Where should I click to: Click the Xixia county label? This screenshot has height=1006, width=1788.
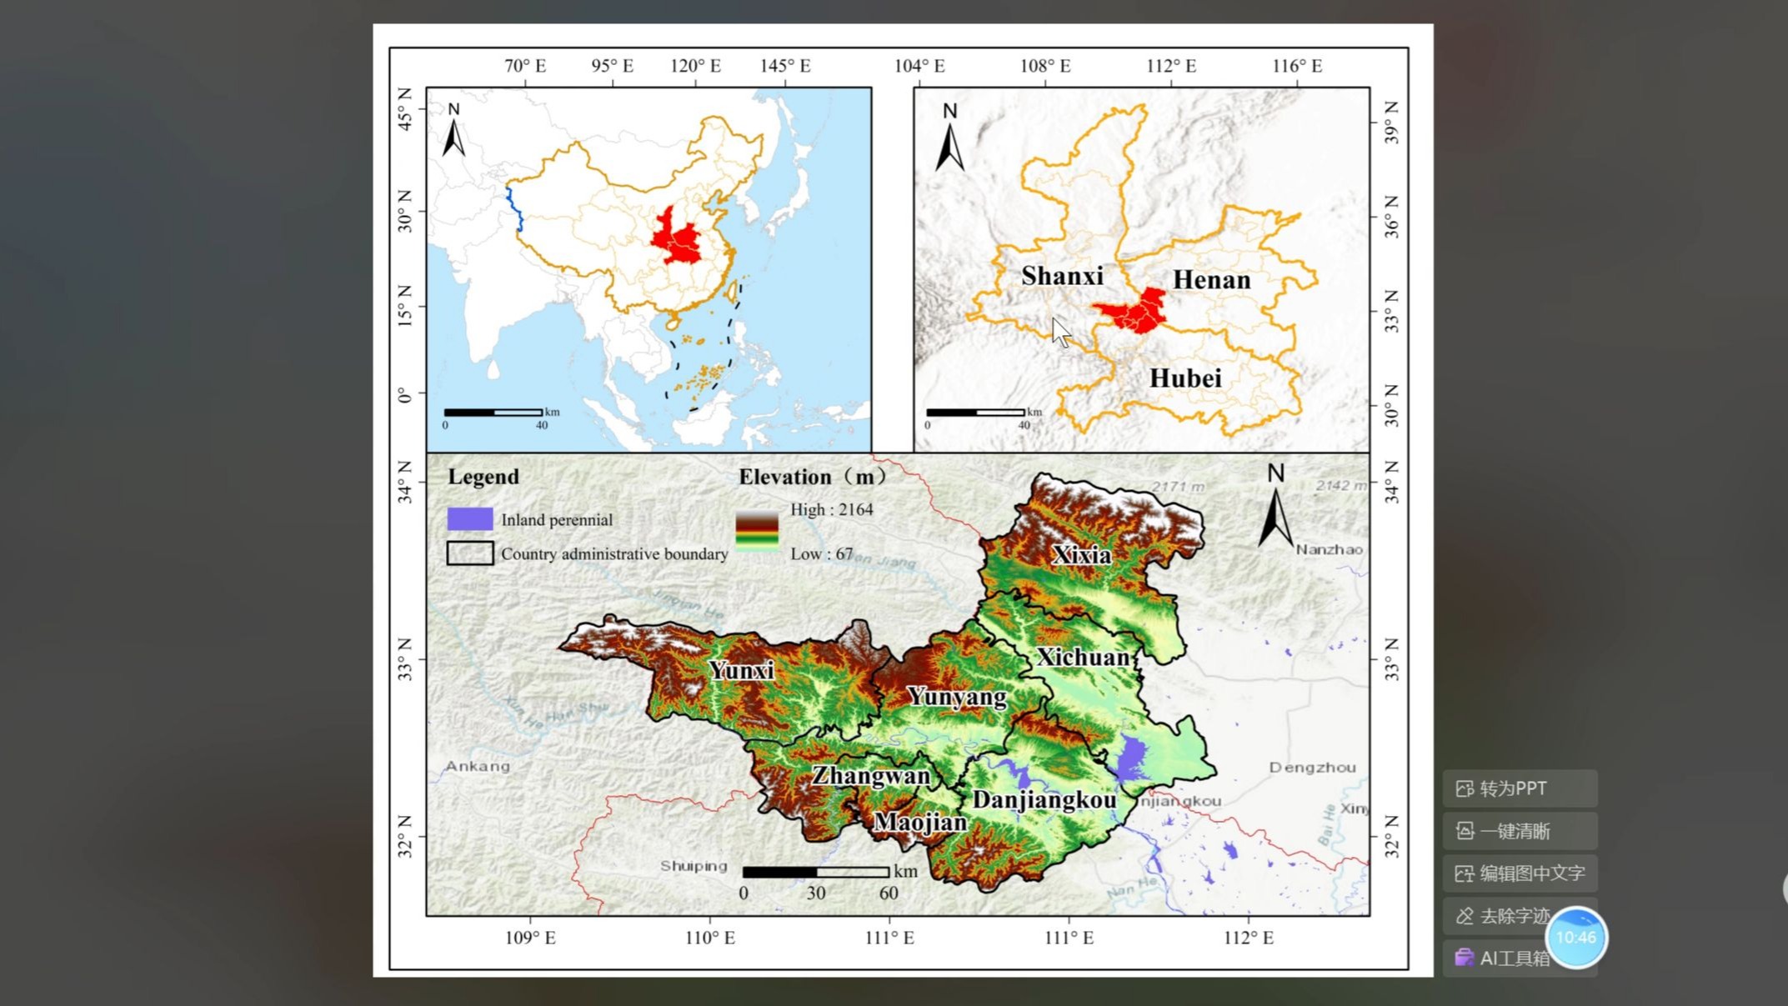click(1081, 555)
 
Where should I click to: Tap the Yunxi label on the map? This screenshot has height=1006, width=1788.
click(741, 670)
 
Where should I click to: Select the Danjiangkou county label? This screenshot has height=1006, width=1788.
click(1044, 800)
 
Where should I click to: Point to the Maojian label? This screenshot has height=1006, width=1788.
click(920, 823)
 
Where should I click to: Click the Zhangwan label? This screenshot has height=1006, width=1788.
click(871, 776)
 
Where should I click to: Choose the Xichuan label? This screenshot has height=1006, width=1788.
click(1083, 658)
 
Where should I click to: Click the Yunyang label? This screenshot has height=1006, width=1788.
click(956, 697)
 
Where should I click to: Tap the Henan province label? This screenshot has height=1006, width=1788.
click(1211, 280)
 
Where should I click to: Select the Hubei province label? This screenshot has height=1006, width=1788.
click(1184, 378)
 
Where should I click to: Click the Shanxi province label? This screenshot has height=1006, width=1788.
click(1062, 276)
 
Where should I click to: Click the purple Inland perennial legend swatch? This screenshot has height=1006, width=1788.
click(470, 519)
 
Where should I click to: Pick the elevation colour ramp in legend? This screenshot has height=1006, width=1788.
click(757, 532)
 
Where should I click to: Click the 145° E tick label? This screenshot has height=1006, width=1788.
click(784, 66)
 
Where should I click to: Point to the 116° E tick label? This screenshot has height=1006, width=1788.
click(1296, 66)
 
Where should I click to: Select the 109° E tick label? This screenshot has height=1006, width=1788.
click(530, 938)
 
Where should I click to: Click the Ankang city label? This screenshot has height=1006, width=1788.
click(477, 766)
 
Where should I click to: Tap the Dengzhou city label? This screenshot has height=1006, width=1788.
click(1312, 767)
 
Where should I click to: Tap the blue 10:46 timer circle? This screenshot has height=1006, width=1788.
click(1575, 938)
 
